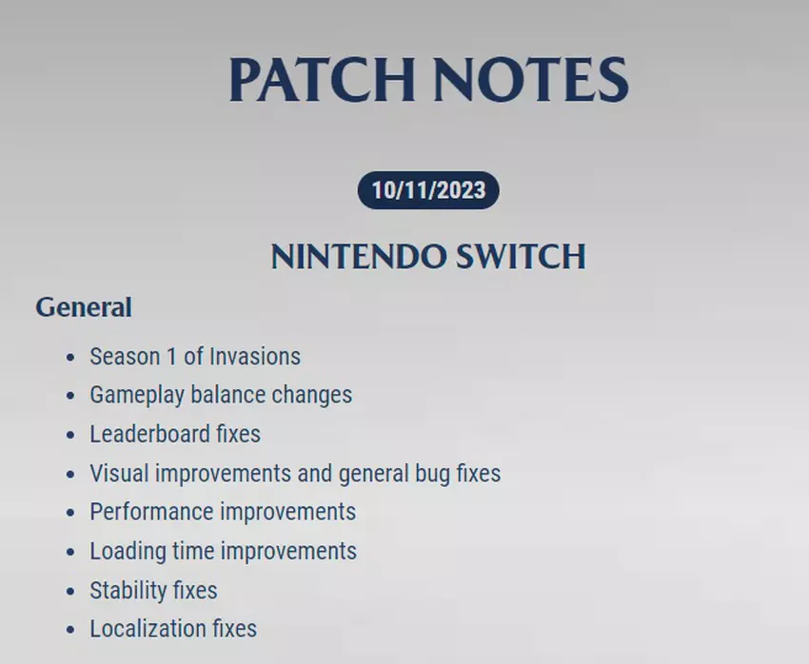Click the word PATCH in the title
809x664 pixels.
[322, 79]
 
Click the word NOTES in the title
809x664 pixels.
[531, 79]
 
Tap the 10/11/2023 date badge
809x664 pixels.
[428, 190]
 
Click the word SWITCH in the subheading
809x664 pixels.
[522, 256]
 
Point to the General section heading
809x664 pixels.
[84, 307]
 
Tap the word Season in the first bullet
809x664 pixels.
[125, 356]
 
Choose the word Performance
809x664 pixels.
[151, 512]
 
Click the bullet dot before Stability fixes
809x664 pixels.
[70, 592]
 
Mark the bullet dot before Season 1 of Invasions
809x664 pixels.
[70, 358]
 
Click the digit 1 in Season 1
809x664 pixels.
[172, 356]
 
